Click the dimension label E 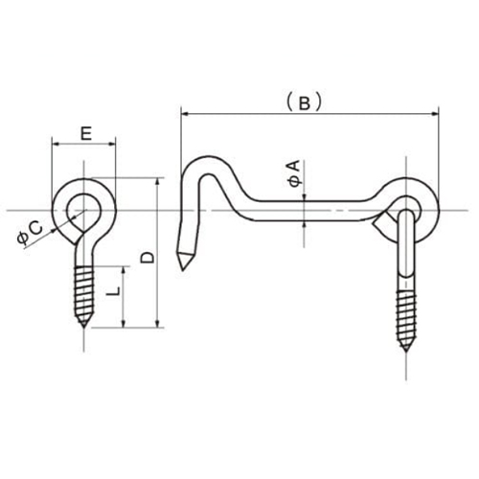click(x=86, y=134)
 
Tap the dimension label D click(x=147, y=256)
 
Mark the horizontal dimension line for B click(x=239, y=115)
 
